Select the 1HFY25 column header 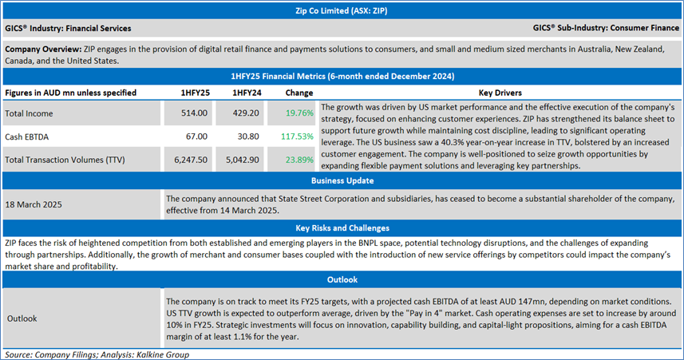point(196,93)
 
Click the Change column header point(293,93)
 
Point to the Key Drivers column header point(499,93)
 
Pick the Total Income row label point(31,114)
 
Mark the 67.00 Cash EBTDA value point(198,136)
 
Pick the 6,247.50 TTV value point(192,160)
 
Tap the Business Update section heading point(342,181)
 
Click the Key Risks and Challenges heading point(342,227)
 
